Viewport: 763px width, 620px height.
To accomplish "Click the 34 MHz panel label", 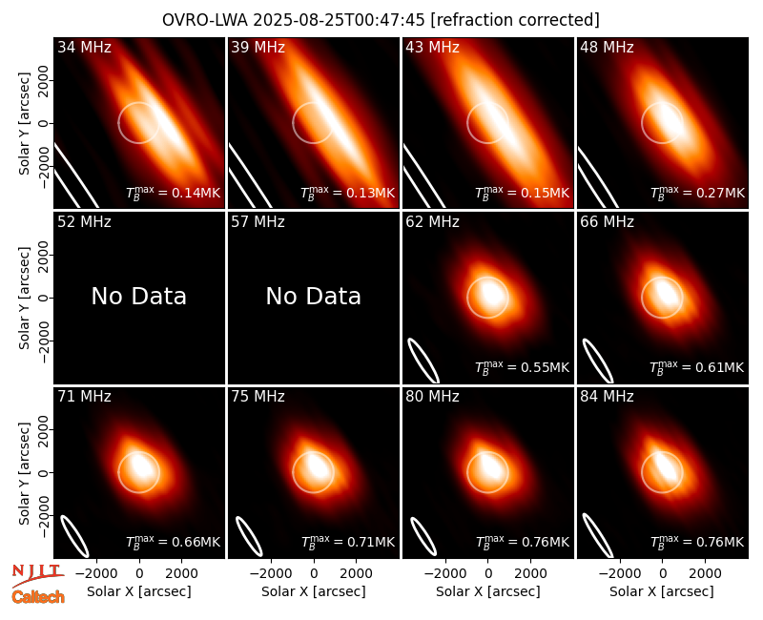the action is (84, 47).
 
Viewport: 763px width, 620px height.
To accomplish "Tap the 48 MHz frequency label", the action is (607, 47).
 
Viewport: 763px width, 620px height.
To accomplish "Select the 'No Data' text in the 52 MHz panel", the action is (139, 296).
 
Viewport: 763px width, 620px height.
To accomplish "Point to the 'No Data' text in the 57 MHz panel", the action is (314, 296).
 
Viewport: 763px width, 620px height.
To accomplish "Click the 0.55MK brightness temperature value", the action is (545, 367).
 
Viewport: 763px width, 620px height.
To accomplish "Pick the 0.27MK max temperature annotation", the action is (719, 193).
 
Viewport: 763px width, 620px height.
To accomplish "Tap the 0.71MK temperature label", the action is (370, 542).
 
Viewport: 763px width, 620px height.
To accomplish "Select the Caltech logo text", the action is (38, 597).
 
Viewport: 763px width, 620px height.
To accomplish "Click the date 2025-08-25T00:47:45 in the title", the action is (339, 20).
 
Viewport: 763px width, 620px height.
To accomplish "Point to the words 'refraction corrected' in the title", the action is (515, 20).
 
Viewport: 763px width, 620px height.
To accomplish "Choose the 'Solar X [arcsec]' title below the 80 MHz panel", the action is (487, 591).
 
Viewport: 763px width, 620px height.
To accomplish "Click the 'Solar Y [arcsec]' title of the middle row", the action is (24, 298).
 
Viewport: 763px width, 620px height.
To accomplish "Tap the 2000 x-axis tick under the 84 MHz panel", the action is (705, 574).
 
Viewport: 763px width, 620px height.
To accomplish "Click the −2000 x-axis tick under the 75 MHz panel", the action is (271, 574).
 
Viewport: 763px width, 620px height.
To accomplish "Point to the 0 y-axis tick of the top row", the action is (44, 123).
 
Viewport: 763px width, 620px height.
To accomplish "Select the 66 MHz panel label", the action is (607, 222).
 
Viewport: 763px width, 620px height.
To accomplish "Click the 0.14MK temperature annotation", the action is (196, 193).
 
